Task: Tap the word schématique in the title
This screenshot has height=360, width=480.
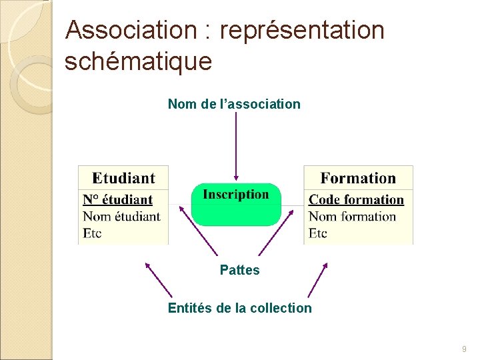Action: [x=139, y=61]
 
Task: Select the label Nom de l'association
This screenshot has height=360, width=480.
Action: [x=234, y=104]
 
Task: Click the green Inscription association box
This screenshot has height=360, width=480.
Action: [x=236, y=204]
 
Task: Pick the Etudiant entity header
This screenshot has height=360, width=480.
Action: [x=123, y=178]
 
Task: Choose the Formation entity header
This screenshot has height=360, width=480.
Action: [x=358, y=178]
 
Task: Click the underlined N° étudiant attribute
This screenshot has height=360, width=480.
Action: [x=118, y=199]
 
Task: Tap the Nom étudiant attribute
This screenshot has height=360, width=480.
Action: [x=121, y=216]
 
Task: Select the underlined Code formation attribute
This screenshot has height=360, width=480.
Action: [x=357, y=199]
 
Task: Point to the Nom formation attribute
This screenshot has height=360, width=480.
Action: [x=352, y=216]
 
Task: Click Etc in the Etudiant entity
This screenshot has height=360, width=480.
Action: [x=92, y=233]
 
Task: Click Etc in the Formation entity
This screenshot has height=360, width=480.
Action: [x=318, y=233]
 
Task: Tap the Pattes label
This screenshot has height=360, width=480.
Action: [x=240, y=270]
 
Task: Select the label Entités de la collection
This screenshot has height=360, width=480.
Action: [x=239, y=308]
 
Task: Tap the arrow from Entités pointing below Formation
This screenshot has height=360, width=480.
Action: [x=317, y=280]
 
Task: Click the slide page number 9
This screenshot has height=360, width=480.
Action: [x=464, y=349]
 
